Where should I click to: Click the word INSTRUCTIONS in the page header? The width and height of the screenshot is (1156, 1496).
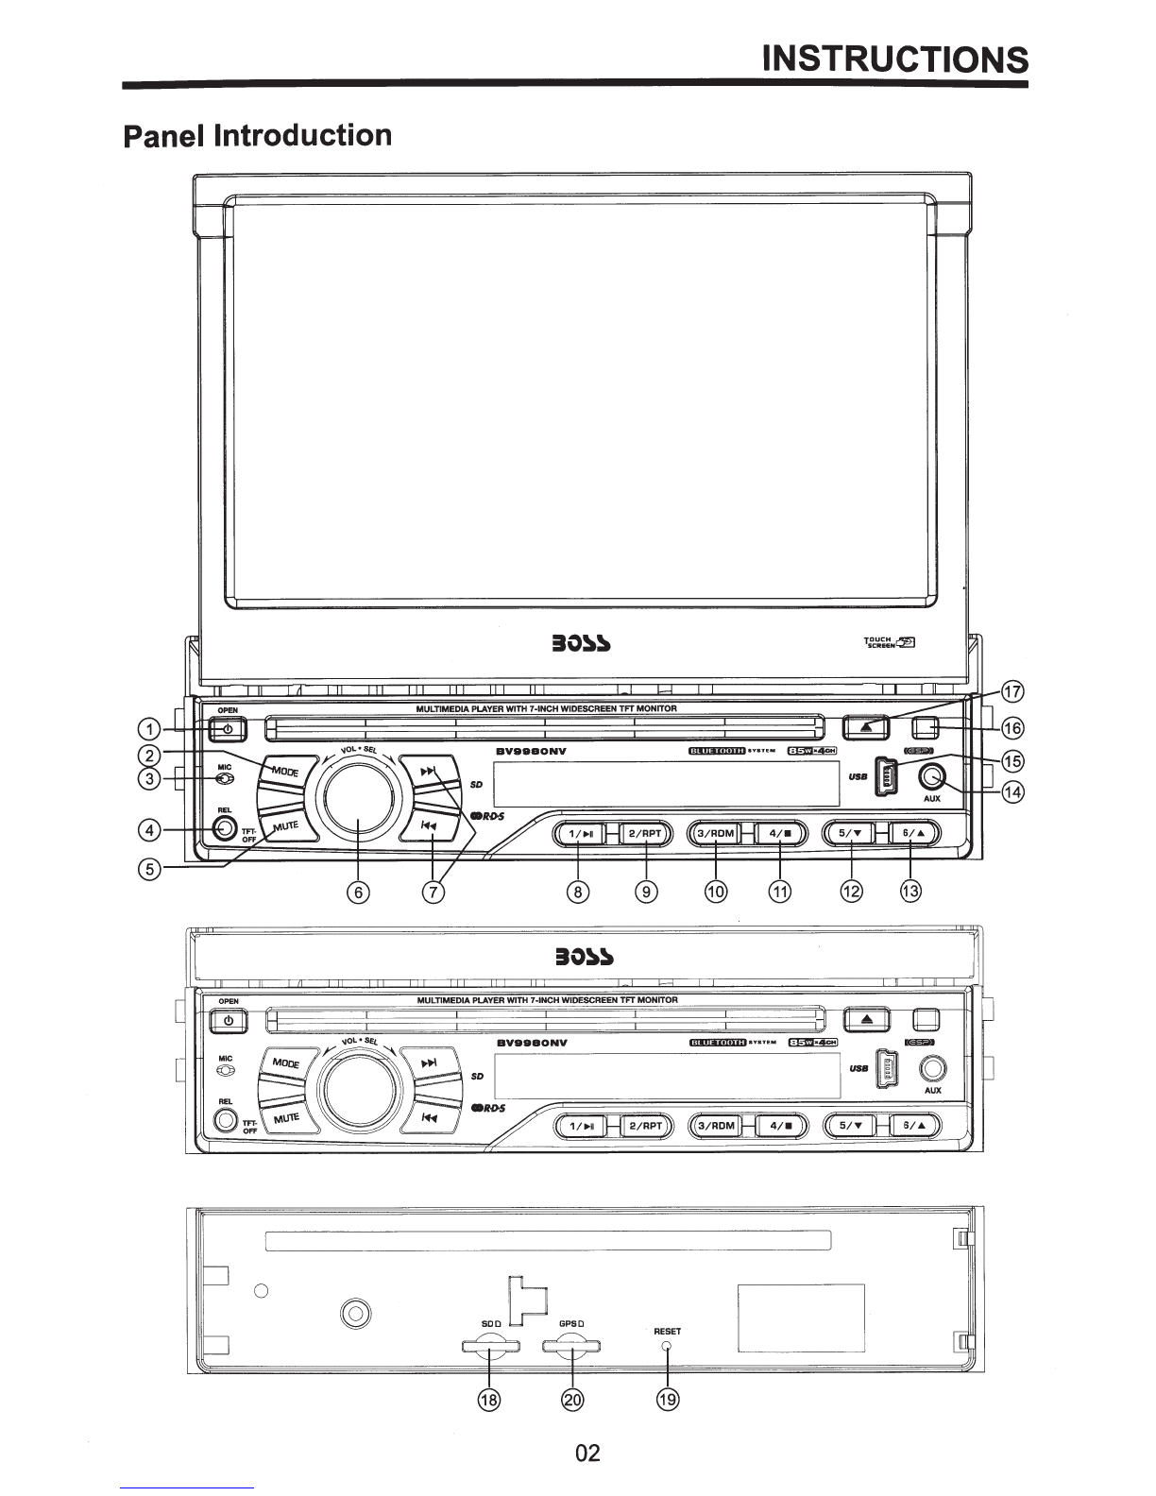click(x=894, y=59)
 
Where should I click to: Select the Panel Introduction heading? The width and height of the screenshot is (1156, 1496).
click(x=257, y=135)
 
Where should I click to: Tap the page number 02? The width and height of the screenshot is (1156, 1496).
click(x=586, y=1453)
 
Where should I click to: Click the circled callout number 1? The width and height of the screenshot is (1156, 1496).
click(x=147, y=728)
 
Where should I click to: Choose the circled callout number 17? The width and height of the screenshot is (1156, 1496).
click(x=1012, y=691)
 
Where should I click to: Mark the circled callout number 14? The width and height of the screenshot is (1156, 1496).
click(x=1012, y=791)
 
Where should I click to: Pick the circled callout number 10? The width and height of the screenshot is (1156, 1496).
click(x=715, y=891)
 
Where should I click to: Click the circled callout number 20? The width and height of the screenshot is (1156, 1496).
click(x=572, y=1399)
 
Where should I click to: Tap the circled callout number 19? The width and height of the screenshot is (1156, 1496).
click(x=667, y=1399)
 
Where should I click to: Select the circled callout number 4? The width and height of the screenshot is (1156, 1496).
click(x=147, y=830)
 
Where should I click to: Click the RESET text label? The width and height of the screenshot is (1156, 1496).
click(x=667, y=1331)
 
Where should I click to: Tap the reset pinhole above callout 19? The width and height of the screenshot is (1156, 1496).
click(x=667, y=1345)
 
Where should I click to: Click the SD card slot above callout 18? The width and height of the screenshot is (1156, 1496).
click(x=490, y=1346)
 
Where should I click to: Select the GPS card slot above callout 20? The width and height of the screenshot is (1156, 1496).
click(x=572, y=1346)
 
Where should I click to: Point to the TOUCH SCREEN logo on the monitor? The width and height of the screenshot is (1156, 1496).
click(x=890, y=643)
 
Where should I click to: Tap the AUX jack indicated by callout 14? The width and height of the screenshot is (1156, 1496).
click(x=932, y=776)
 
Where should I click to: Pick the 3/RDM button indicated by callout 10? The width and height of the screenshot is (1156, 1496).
click(x=715, y=834)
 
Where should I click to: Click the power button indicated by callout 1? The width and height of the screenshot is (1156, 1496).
click(x=228, y=730)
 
